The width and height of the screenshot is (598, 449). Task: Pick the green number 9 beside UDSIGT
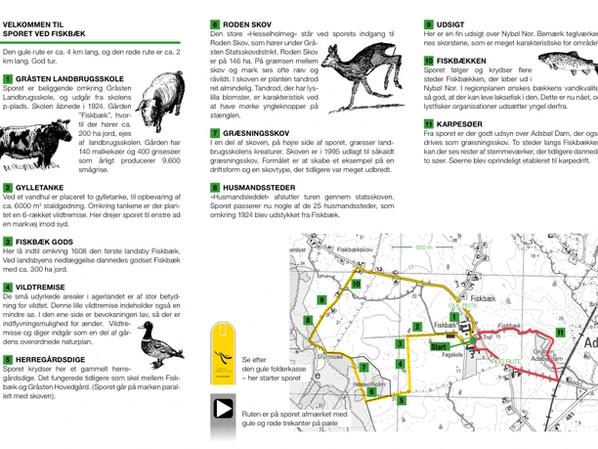pyautogui.click(x=429, y=23)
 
